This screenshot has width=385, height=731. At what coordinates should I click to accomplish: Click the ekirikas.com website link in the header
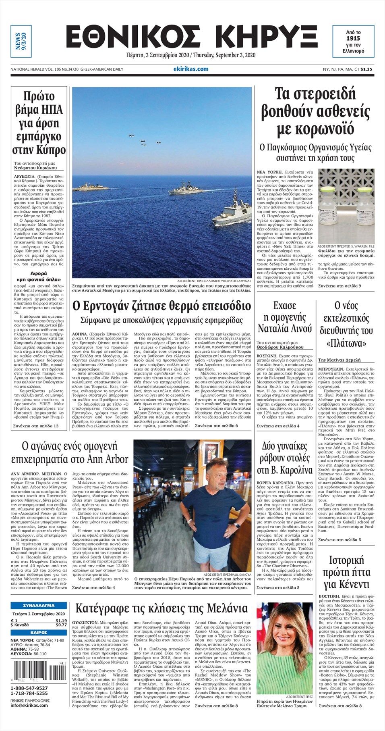(x=194, y=69)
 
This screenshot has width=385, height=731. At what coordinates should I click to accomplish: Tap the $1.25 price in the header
(x=366, y=69)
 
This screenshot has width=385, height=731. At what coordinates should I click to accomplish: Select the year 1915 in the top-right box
(x=353, y=38)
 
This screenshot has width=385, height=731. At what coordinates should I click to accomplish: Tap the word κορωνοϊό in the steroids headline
(x=315, y=129)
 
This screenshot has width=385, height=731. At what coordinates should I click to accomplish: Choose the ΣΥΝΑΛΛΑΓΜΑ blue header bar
(x=39, y=606)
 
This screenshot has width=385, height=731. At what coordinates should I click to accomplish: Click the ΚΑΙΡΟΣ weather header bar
(x=39, y=632)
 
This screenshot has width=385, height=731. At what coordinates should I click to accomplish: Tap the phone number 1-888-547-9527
(x=29, y=688)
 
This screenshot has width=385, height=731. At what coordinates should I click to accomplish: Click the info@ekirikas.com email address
(x=29, y=705)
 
